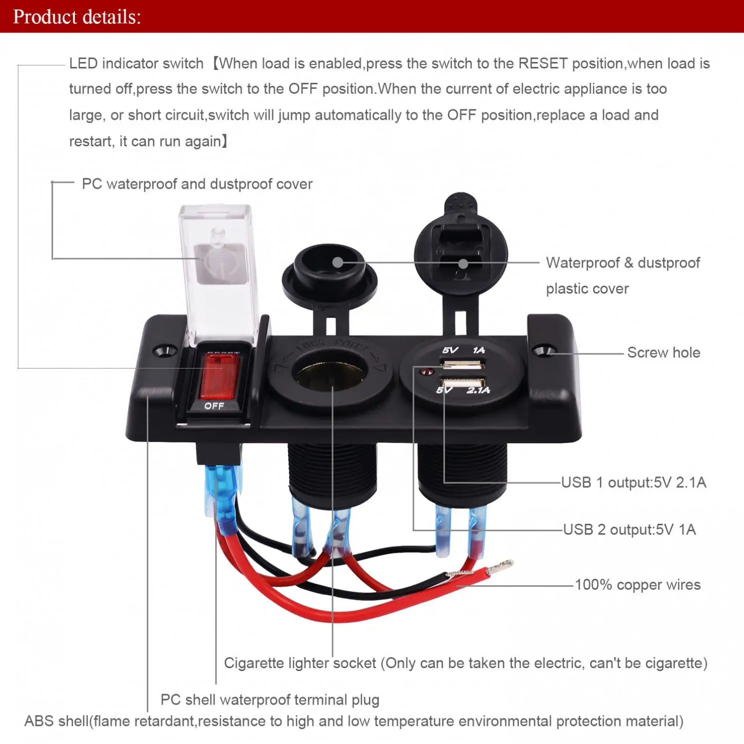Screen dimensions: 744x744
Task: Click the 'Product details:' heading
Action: coord(77,17)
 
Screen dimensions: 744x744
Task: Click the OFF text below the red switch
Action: coord(214,406)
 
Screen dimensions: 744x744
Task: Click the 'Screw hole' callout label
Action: coord(663,353)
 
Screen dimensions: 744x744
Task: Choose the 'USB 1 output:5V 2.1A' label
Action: coord(633,482)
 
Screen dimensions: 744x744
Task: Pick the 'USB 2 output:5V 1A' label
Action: coord(629,529)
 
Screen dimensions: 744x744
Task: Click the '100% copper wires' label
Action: coord(637,585)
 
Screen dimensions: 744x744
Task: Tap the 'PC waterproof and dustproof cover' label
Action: coord(197,184)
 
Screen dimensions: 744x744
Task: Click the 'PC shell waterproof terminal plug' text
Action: coord(270,700)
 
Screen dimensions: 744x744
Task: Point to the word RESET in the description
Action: coord(543,63)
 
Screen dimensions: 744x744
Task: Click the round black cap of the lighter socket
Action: coord(330,275)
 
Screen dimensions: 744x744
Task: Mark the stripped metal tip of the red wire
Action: coord(500,566)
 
